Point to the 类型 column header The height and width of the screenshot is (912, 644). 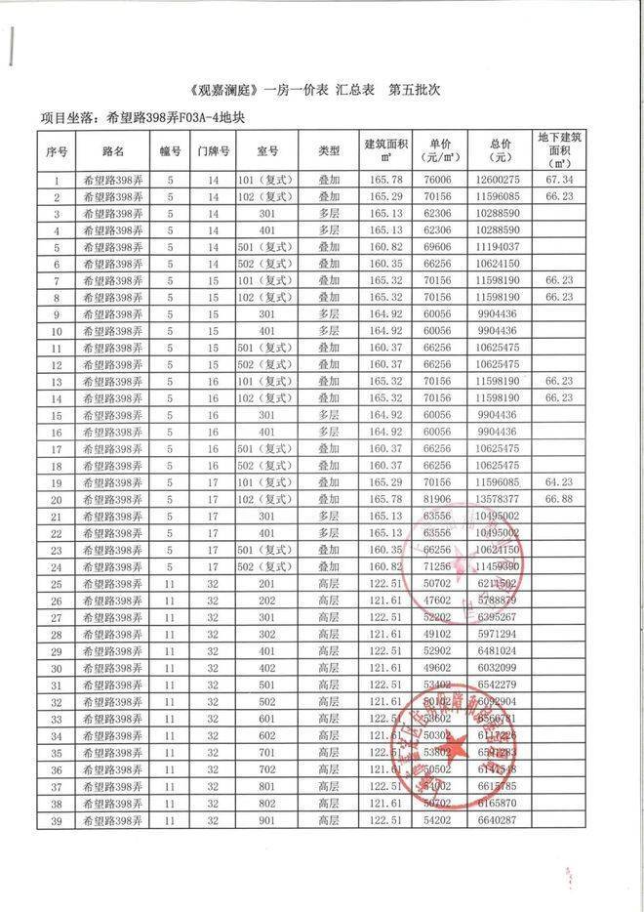click(x=329, y=152)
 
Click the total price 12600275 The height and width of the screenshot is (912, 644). click(x=499, y=181)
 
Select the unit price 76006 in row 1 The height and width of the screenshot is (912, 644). click(x=436, y=181)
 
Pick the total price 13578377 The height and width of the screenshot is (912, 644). click(x=499, y=499)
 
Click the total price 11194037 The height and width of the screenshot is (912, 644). click(x=499, y=248)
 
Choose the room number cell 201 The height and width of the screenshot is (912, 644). click(x=266, y=584)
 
